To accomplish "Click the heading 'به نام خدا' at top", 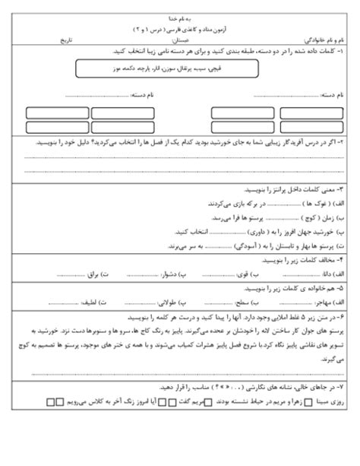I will [181, 17].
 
